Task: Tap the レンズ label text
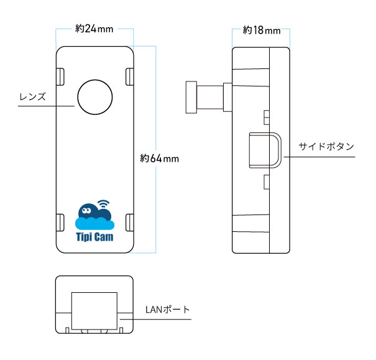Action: (x=33, y=97)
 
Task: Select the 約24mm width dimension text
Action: (x=94, y=29)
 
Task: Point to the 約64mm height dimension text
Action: (x=160, y=158)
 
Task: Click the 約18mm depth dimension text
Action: (x=261, y=30)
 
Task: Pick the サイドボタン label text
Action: (x=326, y=147)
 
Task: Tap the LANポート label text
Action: (x=167, y=309)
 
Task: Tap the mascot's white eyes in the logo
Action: (x=86, y=210)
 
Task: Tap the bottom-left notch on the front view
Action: (x=61, y=222)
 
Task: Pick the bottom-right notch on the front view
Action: (x=130, y=222)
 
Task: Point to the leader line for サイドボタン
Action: (x=317, y=157)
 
